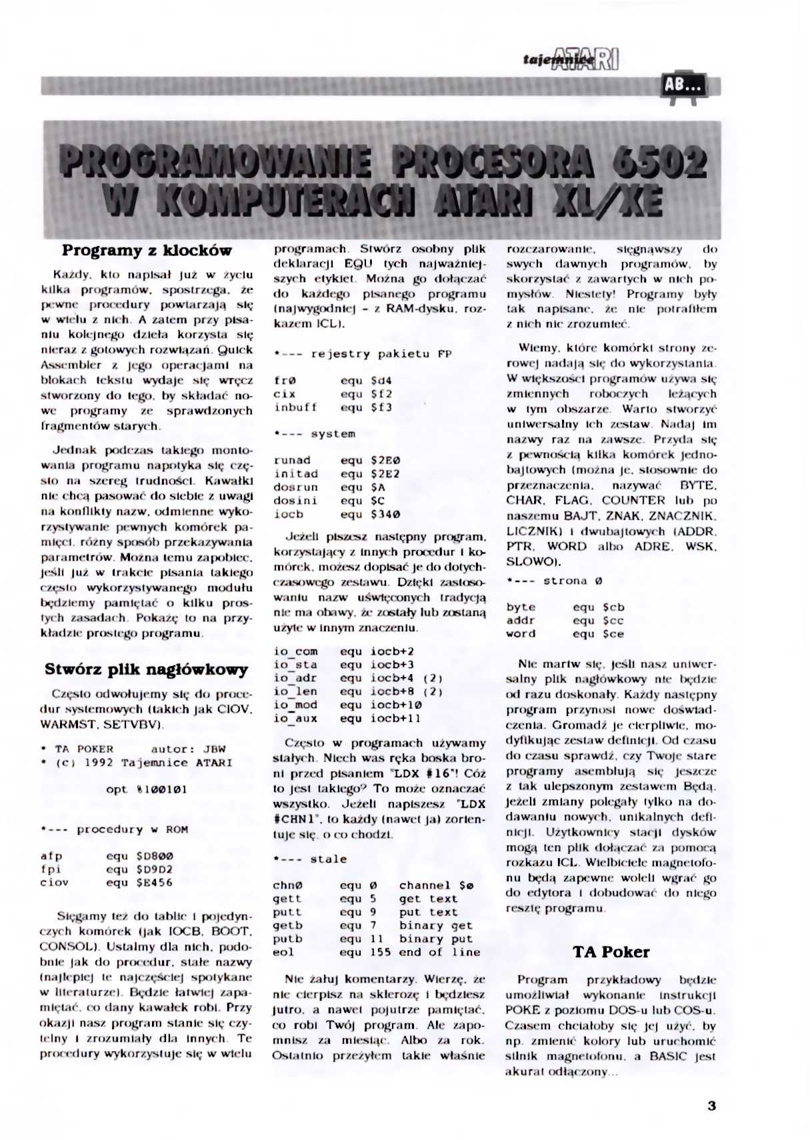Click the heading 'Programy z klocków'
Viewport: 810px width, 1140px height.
[147, 251]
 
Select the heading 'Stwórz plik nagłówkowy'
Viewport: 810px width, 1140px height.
[146, 669]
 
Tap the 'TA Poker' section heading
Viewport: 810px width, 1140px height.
[611, 951]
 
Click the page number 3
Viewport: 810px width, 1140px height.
[711, 1105]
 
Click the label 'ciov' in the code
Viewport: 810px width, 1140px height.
[54, 883]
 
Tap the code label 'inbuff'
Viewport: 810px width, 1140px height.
[295, 407]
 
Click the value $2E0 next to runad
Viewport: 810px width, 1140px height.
[385, 460]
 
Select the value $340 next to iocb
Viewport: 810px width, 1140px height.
[385, 514]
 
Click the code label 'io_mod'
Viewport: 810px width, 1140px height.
[295, 705]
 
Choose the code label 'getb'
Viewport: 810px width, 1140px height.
[287, 925]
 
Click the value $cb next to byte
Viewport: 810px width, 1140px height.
[613, 607]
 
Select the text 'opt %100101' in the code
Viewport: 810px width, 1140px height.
[147, 789]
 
